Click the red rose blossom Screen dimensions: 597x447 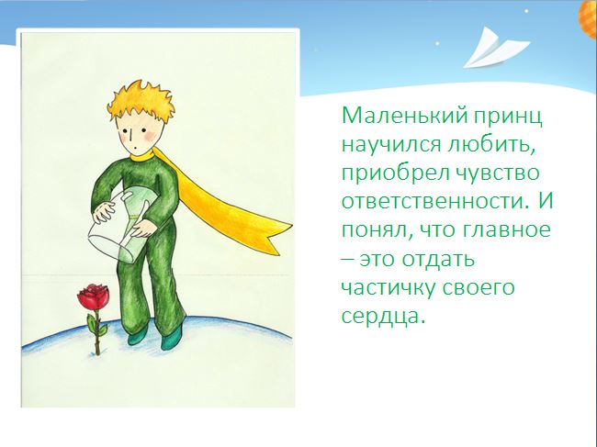pyautogui.click(x=94, y=296)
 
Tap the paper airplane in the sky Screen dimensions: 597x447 pyautogui.click(x=496, y=48)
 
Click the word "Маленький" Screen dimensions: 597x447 pyautogui.click(x=404, y=115)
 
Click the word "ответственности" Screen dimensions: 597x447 pyautogui.click(x=435, y=201)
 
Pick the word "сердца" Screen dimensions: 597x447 pyautogui.click(x=383, y=317)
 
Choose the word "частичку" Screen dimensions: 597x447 pyautogui.click(x=389, y=288)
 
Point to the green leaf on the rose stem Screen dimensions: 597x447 pyautogui.click(x=92, y=323)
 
